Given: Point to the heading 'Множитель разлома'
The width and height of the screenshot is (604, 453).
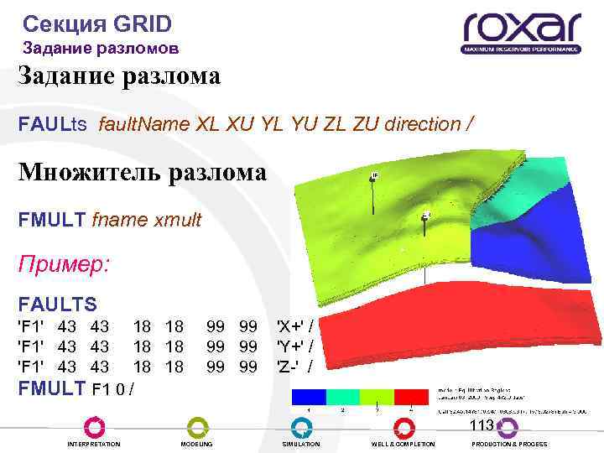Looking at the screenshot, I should (142, 173).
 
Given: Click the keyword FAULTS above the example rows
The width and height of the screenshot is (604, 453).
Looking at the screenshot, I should (58, 304).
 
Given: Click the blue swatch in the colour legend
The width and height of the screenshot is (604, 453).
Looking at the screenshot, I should (308, 396).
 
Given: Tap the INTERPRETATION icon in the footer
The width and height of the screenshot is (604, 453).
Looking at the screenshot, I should (93, 427).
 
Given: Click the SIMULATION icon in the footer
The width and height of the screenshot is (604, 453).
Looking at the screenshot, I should (300, 427).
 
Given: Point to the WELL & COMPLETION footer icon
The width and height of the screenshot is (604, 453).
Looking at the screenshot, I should (403, 427).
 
